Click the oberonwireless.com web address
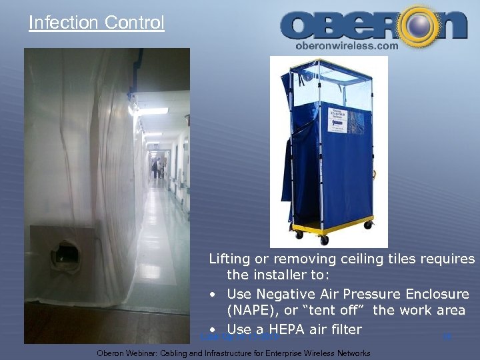click(346, 45)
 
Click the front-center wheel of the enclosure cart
click(324, 239)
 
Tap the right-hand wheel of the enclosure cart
click(367, 225)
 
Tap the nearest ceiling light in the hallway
click(151, 111)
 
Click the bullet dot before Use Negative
click(211, 295)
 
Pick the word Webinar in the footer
click(150, 353)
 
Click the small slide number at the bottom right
click(447, 337)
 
